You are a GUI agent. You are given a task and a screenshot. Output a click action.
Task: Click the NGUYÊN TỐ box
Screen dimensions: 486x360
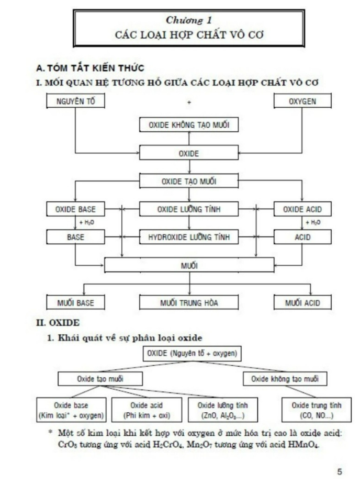pos(76,101)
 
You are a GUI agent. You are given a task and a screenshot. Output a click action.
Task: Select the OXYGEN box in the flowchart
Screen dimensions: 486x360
pos(302,101)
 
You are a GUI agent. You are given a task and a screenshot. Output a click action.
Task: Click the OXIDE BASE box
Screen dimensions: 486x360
pos(76,209)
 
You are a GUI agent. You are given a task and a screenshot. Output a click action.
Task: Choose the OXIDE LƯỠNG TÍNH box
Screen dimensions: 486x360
pos(189,209)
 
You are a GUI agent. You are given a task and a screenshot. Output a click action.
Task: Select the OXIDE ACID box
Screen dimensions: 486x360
pos(302,209)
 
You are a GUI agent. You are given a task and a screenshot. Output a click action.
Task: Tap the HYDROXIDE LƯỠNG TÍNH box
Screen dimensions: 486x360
pos(189,237)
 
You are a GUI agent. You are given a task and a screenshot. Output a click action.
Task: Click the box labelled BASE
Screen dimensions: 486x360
pos(76,237)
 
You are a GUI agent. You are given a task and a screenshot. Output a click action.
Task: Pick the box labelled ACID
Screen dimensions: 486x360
pos(302,237)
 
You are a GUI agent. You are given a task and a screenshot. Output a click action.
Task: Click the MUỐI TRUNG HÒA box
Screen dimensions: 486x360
pos(189,302)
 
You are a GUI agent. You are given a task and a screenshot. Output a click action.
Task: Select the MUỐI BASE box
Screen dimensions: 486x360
pos(76,302)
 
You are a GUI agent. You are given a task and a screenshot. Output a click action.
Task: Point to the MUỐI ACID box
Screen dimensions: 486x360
pos(302,302)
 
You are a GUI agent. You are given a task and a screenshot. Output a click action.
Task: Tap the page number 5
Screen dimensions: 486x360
pos(340,471)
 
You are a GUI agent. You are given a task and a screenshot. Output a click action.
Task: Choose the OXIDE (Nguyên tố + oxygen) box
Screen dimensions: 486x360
pos(192,354)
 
